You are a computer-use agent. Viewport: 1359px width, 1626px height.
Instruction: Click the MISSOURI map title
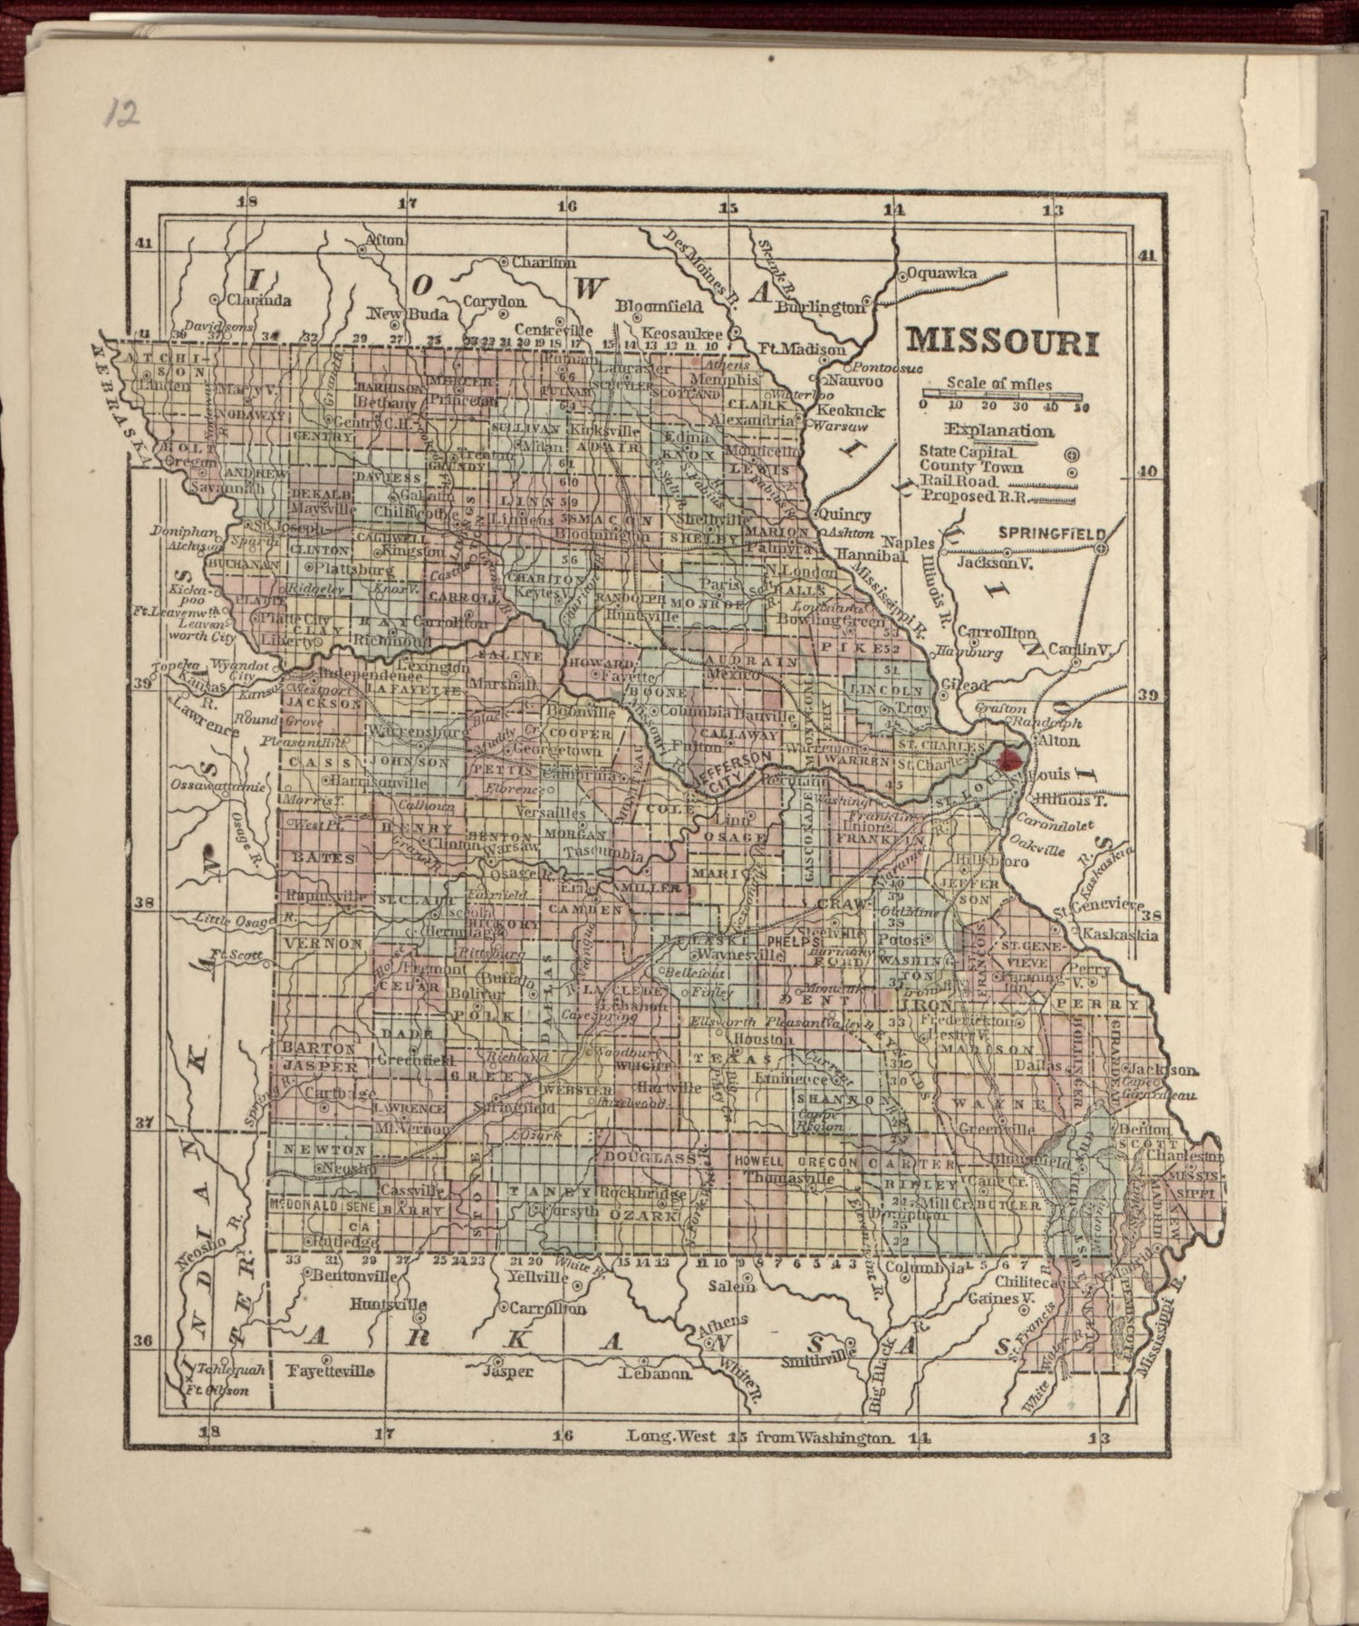1003,342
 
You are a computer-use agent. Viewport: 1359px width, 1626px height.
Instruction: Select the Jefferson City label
735,770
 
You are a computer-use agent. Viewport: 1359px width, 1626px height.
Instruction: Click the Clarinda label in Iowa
258,299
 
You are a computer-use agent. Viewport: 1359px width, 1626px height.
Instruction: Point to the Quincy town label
851,515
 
